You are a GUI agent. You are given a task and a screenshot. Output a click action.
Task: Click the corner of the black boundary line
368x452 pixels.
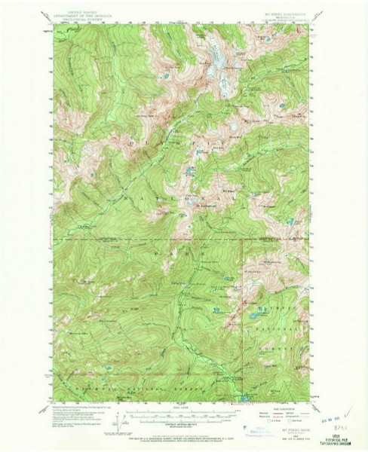coord(243,241)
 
